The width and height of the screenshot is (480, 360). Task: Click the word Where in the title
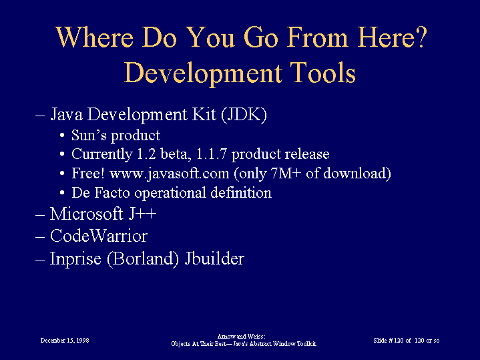click(x=95, y=37)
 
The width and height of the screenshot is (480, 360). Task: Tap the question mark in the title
click(x=421, y=37)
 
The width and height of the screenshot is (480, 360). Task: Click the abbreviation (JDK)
click(x=244, y=115)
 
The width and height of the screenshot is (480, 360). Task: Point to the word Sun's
click(x=89, y=135)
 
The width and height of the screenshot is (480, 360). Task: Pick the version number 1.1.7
click(x=211, y=154)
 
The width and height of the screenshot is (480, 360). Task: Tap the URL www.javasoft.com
click(x=170, y=174)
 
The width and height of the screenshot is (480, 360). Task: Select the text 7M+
click(x=286, y=174)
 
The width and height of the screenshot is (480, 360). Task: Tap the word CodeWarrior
click(x=99, y=236)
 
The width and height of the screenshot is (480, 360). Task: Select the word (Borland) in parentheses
click(x=143, y=258)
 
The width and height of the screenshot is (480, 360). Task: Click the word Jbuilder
click(x=214, y=258)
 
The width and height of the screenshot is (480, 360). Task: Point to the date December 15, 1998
click(x=65, y=341)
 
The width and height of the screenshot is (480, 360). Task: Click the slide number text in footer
click(x=406, y=341)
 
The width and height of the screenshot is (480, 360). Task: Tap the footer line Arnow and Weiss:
click(x=241, y=337)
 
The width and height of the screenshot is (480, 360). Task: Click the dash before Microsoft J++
click(x=40, y=215)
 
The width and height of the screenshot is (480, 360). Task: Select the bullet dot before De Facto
click(x=62, y=193)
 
